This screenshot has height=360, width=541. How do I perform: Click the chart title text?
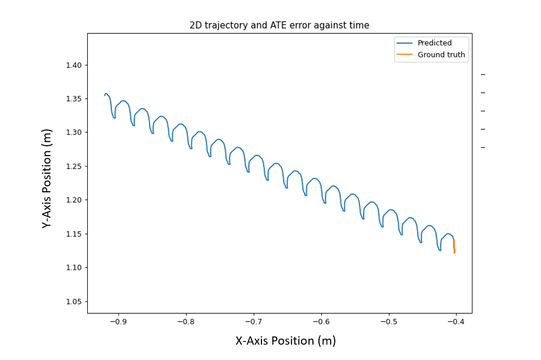click(279, 25)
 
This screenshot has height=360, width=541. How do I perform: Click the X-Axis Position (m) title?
click(285, 341)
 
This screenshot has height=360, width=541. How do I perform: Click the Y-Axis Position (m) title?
click(48, 179)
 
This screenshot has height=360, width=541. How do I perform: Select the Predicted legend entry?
click(434, 43)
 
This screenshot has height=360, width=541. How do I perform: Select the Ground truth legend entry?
click(441, 55)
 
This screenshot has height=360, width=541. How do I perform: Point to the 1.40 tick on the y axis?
click(73, 65)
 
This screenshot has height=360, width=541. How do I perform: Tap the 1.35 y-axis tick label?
click(73, 99)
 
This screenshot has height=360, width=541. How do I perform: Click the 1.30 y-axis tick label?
click(73, 133)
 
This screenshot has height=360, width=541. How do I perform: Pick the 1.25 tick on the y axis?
click(73, 167)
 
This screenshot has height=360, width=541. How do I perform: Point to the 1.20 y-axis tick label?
click(73, 200)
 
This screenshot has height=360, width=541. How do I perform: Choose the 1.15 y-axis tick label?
click(73, 234)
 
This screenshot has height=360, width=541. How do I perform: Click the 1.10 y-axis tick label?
click(73, 267)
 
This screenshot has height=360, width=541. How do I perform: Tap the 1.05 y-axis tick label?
click(73, 301)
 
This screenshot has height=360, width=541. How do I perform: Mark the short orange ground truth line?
click(454, 247)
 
